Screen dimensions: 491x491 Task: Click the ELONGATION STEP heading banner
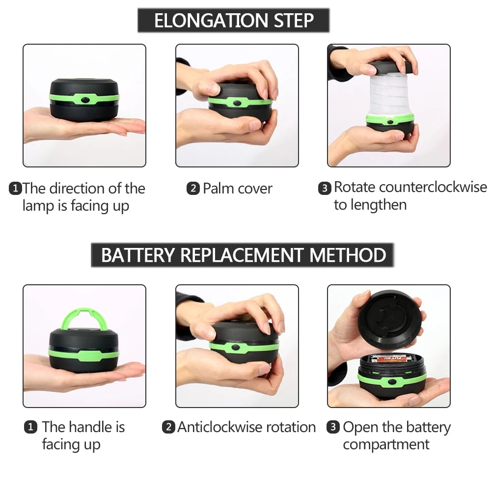(233, 21)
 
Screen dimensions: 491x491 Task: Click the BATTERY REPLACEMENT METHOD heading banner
(243, 255)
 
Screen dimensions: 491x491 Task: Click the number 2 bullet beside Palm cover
(192, 189)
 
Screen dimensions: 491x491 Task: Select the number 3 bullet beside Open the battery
(333, 427)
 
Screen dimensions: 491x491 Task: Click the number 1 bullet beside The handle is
(30, 427)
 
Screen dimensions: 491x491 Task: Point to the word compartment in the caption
(386, 445)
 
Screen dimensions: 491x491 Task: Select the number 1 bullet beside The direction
(16, 189)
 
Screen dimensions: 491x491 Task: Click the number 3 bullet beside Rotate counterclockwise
(325, 188)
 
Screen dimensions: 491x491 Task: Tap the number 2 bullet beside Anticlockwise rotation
(168, 427)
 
